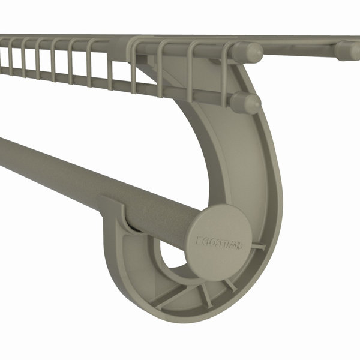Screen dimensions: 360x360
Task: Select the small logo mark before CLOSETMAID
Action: click(199, 241)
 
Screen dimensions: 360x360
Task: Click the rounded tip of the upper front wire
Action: click(250, 51)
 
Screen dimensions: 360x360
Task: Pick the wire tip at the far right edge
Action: click(349, 50)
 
